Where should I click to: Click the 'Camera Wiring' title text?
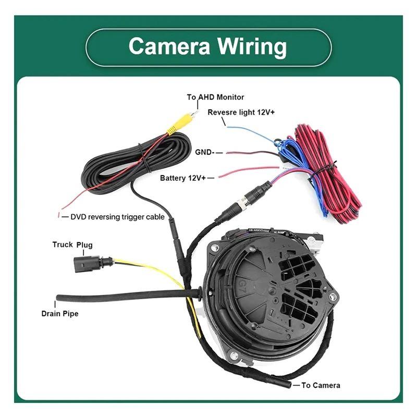tap(207, 46)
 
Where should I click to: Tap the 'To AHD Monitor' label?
tap(215, 97)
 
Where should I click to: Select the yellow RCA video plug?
tap(181, 122)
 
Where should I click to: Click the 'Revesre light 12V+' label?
tap(241, 112)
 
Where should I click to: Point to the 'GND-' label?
tap(204, 152)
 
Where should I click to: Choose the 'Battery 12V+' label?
tap(183, 178)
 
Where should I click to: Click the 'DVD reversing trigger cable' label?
tap(118, 217)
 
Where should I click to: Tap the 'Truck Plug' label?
tap(72, 244)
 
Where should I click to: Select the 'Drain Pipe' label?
tap(60, 314)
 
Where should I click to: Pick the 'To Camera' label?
tap(321, 385)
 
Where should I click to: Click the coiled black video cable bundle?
tap(138, 164)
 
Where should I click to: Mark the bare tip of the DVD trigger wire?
tap(59, 215)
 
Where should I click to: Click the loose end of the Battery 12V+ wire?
tap(219, 177)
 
